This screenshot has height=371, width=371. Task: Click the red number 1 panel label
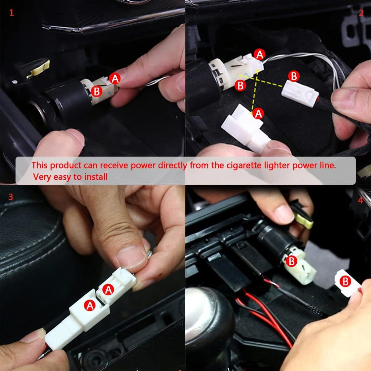pos(12,13)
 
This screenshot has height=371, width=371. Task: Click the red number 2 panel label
pos(361,13)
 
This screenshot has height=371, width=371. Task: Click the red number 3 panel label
pos(11,197)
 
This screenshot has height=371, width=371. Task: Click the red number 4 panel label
pos(360,200)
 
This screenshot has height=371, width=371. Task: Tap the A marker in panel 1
pos(115,78)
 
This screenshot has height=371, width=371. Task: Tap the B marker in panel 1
pos(96,91)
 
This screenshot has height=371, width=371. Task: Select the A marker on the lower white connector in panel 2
pos(258,113)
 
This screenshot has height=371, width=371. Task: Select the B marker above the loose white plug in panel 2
pos(293,76)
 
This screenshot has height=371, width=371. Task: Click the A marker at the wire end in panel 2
pos(260,54)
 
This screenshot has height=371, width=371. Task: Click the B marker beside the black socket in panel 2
pos(241,86)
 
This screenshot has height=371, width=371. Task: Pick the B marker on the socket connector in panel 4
pos(291,261)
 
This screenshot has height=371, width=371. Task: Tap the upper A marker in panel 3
pos(108,289)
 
